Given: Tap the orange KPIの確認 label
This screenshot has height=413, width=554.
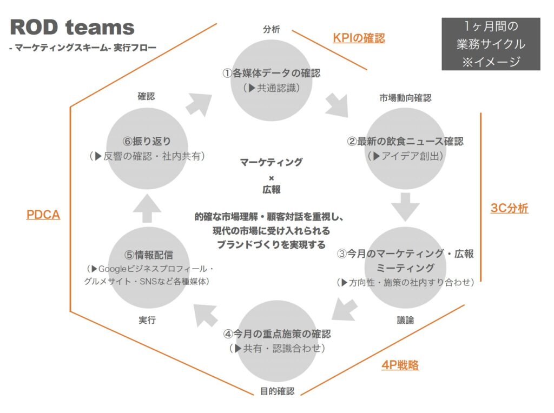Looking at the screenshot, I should coord(359,38).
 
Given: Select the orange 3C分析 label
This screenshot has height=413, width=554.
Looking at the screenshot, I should coord(509,208).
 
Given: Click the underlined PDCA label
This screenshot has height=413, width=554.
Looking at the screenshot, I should coord(43,215).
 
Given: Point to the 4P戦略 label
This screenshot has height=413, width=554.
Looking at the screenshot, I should coord(400,365).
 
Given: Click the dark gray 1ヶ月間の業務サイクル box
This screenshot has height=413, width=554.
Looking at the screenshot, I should coord(491,44).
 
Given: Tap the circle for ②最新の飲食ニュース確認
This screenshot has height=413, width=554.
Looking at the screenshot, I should coord(405,148).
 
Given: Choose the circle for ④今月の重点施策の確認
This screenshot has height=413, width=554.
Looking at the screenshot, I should coord(276,341).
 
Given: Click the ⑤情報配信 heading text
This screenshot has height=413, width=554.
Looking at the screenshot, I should coord(148,255).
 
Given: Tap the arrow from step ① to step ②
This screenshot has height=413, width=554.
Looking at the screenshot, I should coord(338,105).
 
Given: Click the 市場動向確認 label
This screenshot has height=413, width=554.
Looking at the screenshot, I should coord(405,98).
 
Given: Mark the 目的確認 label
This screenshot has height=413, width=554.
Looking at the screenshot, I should coord(277,391).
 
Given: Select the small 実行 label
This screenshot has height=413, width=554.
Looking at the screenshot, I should coord(147,320).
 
